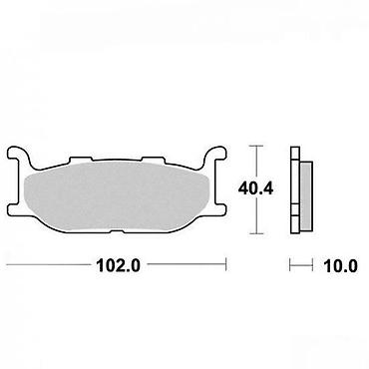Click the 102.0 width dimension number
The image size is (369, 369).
[118, 265]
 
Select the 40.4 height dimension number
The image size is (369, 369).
[255, 188]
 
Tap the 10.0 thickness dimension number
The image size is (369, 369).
[341, 266]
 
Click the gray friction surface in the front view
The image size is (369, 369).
[117, 196]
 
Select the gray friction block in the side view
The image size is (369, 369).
[306, 196]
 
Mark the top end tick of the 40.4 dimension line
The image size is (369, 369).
[255, 146]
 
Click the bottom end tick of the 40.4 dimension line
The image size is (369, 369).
[255, 233]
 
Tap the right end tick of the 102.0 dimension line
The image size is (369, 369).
[226, 264]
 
